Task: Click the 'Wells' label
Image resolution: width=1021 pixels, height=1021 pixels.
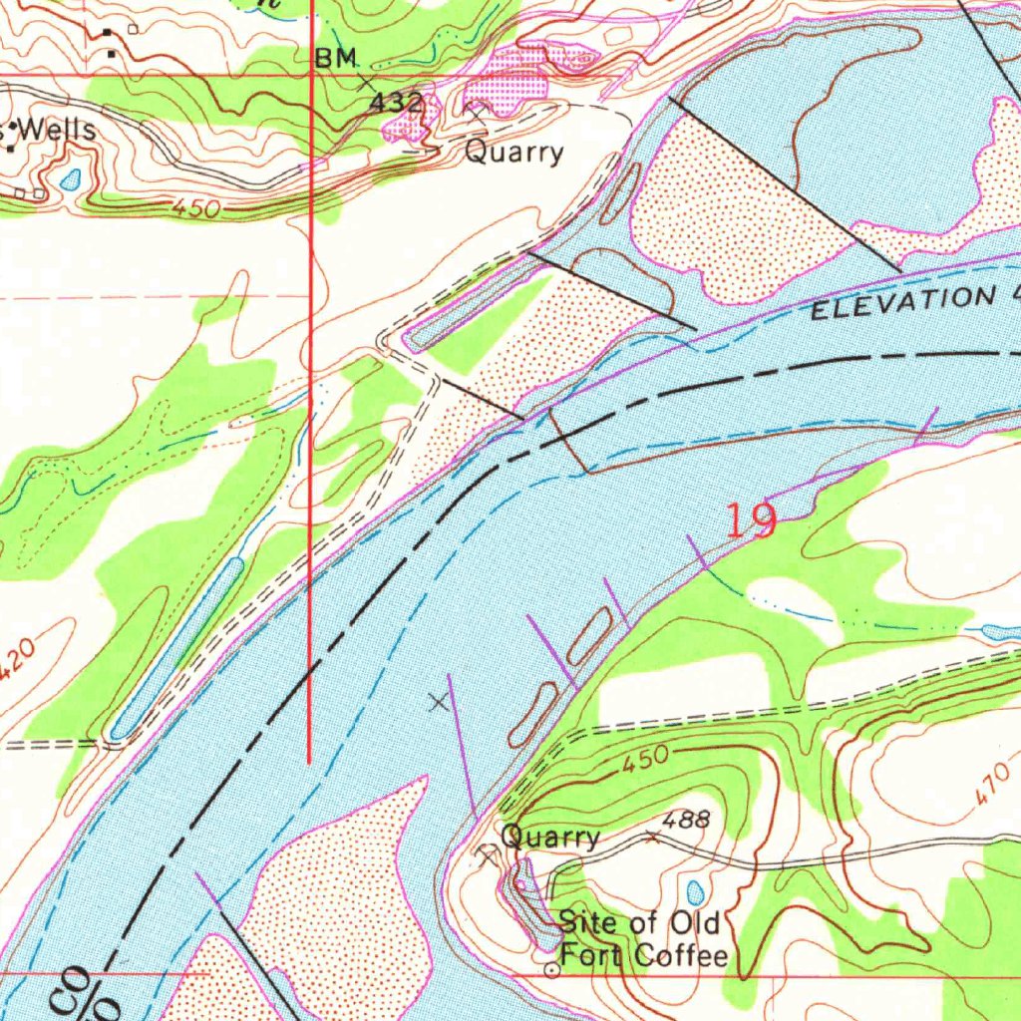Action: [x=57, y=130]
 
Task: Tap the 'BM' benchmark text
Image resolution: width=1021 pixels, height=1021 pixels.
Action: [x=336, y=60]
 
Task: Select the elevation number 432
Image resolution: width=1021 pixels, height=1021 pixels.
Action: [x=397, y=103]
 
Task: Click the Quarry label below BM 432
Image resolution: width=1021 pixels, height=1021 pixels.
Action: [x=514, y=153]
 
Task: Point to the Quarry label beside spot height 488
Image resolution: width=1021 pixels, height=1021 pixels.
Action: [x=550, y=837]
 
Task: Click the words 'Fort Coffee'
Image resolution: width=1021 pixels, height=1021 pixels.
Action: [x=644, y=956]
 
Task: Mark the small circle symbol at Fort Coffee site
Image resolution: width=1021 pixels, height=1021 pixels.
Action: [x=551, y=970]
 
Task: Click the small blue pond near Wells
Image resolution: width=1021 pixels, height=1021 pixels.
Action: [x=71, y=179]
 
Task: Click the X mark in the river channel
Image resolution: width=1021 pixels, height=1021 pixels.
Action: [x=438, y=703]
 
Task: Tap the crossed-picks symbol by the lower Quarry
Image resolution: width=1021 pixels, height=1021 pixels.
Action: [x=488, y=854]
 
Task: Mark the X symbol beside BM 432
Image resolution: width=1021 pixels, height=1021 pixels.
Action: [x=370, y=83]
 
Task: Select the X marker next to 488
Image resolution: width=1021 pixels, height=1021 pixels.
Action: [x=653, y=838]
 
